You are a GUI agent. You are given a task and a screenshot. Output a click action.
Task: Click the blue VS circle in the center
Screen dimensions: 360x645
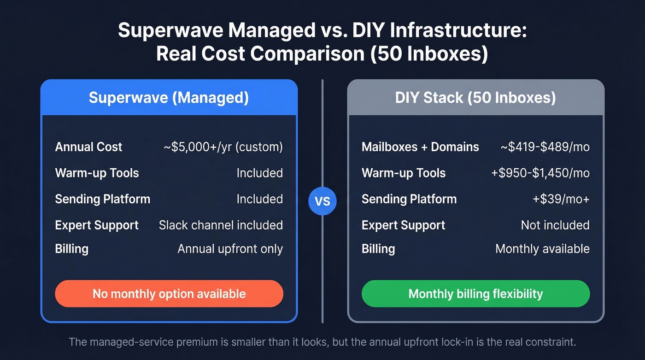[x=322, y=201]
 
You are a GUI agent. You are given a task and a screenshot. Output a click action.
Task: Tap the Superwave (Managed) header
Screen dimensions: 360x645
[x=169, y=98]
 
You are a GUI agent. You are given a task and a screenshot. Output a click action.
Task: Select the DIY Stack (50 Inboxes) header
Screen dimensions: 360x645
[x=475, y=98]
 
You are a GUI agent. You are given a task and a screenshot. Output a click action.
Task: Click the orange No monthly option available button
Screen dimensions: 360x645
[x=169, y=294]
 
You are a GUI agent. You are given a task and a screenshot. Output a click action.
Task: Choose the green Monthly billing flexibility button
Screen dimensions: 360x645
[x=475, y=294]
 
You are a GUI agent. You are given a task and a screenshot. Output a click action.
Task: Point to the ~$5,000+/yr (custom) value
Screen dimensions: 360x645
[x=223, y=147]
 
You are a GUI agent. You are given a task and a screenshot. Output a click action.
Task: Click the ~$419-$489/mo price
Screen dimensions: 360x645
[x=545, y=147]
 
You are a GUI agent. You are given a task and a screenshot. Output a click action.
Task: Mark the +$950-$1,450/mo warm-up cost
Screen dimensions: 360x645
[x=540, y=173]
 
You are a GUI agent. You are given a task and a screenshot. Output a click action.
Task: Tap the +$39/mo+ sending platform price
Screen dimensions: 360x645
[x=561, y=199]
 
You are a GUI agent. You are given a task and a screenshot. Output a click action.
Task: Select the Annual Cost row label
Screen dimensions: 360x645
[x=88, y=147]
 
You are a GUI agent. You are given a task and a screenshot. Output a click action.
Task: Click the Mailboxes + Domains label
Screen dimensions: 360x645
[x=420, y=147]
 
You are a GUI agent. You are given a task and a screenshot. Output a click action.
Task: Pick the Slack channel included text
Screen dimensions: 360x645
[x=221, y=225]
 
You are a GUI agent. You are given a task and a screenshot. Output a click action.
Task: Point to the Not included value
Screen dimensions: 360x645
[x=555, y=225]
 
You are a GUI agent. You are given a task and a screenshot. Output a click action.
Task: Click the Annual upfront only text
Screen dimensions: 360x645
[x=230, y=249]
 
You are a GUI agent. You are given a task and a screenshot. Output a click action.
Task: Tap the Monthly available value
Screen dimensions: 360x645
[x=542, y=249]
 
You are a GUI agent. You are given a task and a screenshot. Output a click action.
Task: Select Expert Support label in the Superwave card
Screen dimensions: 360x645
[x=97, y=225]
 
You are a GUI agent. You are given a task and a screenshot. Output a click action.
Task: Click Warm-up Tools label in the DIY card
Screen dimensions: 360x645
[x=404, y=173]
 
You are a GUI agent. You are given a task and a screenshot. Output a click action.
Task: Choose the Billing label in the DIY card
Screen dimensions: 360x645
[x=378, y=249]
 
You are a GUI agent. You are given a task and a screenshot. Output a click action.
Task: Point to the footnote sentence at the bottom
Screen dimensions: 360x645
[x=322, y=342]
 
